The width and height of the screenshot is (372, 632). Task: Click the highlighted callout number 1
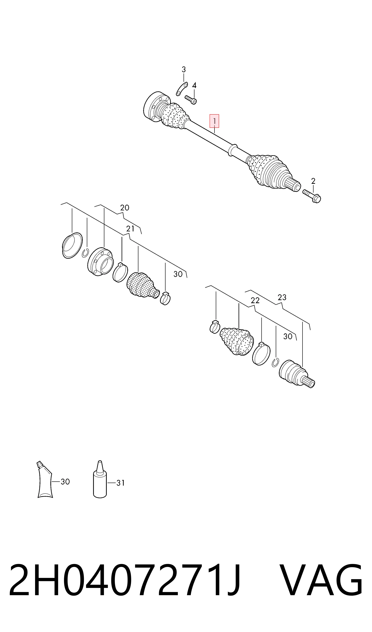click(x=214, y=121)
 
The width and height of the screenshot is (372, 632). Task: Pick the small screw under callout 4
click(x=191, y=100)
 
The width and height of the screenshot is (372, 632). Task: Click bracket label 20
click(x=125, y=208)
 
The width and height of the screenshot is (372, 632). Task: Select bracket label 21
click(x=130, y=229)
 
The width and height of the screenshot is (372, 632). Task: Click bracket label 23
click(x=282, y=297)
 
